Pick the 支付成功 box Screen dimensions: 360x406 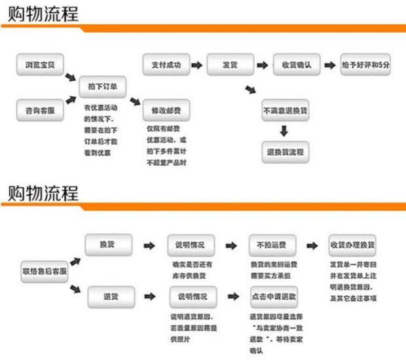click(x=166, y=65)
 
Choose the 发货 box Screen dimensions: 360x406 click(x=230, y=65)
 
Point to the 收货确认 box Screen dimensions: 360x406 click(x=295, y=65)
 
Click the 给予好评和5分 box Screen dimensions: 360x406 click(x=365, y=65)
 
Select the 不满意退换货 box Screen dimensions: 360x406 click(x=285, y=111)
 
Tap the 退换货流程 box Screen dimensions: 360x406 click(x=285, y=153)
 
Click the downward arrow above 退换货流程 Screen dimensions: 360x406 click(x=284, y=132)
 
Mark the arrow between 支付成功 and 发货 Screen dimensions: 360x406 click(x=196, y=65)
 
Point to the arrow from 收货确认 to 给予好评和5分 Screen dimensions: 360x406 click(x=328, y=65)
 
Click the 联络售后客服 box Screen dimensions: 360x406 click(x=45, y=270)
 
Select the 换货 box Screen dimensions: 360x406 click(x=109, y=245)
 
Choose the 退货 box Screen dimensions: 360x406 click(x=109, y=297)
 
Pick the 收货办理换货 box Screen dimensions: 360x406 click(x=352, y=245)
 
